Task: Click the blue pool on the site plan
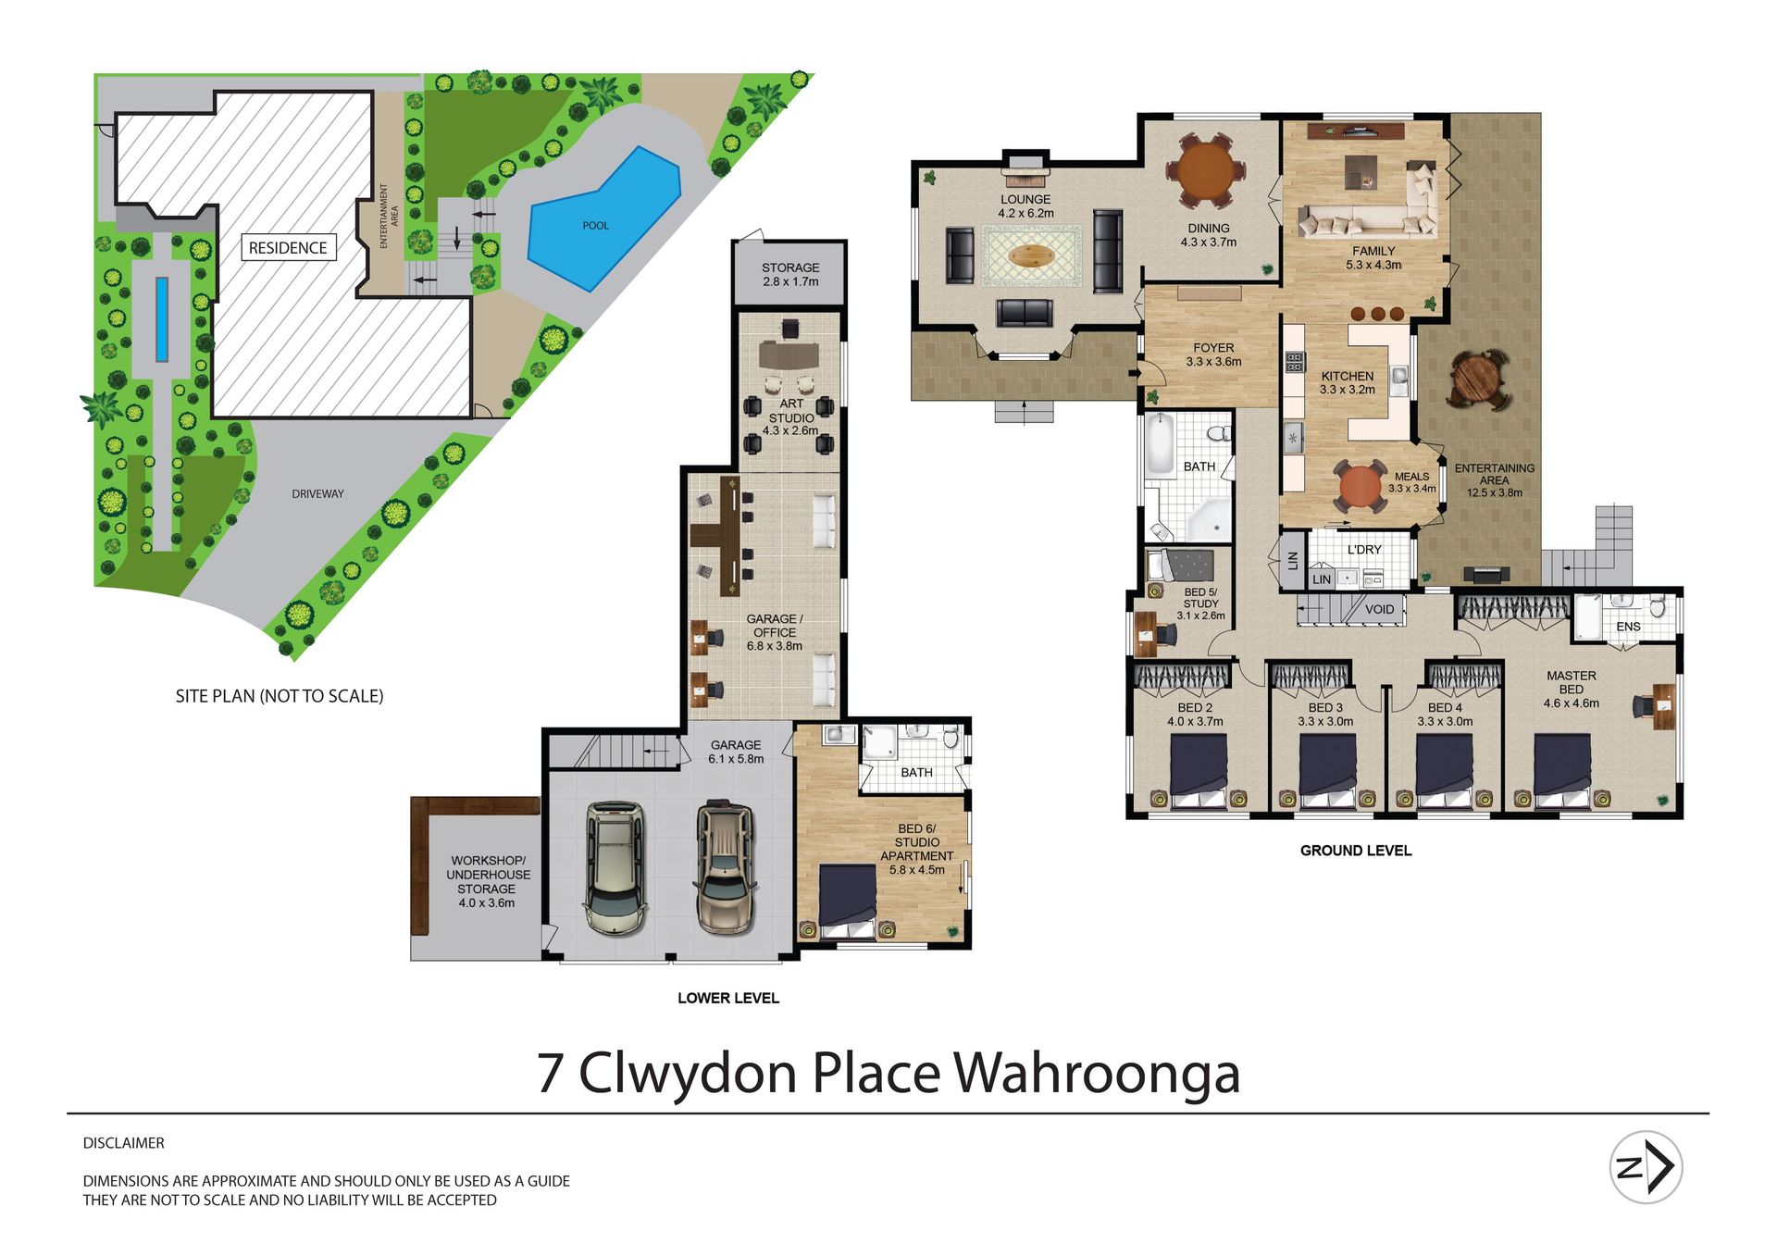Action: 602,218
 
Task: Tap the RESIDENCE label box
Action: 288,248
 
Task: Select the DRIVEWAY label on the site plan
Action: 317,494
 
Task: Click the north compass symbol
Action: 1647,1168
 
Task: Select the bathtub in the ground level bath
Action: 1160,445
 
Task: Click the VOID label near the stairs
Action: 1379,609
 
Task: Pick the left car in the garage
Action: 614,868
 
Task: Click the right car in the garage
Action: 726,867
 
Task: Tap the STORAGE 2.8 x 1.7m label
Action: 790,275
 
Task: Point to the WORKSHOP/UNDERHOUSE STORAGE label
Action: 488,881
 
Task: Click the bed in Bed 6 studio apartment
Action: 849,901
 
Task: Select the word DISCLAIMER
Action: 124,1143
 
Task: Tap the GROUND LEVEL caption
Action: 1356,851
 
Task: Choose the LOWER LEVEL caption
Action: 728,998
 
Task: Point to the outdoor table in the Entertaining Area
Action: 1479,378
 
